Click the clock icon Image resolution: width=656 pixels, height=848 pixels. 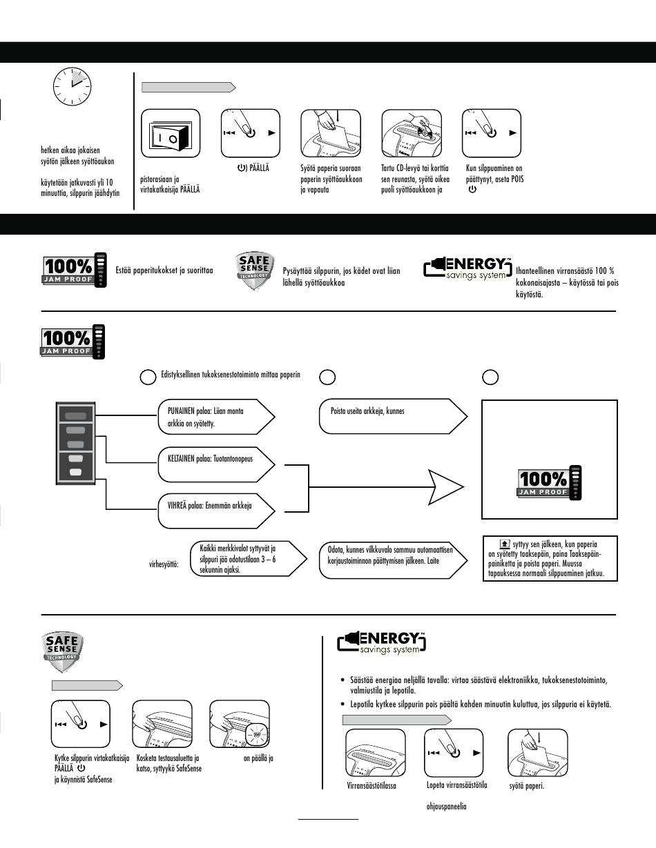(72, 86)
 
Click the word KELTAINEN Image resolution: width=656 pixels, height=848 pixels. (181, 459)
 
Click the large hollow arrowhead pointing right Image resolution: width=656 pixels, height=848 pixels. (445, 487)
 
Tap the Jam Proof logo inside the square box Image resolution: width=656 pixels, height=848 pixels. (550, 483)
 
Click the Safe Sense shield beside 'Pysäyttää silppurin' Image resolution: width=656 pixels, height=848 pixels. (255, 270)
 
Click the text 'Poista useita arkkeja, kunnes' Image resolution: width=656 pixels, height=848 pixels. (367, 411)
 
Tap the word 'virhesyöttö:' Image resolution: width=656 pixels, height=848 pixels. (164, 564)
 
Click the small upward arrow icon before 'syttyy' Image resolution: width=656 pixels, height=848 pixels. (505, 543)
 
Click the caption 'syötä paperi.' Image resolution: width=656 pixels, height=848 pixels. (526, 786)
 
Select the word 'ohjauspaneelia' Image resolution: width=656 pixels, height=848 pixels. (446, 806)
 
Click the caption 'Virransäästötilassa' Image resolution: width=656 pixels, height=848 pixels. (372, 786)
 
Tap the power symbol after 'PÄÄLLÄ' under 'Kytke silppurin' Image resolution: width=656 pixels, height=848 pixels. (81, 769)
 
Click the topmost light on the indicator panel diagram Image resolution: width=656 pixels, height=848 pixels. (76, 416)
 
